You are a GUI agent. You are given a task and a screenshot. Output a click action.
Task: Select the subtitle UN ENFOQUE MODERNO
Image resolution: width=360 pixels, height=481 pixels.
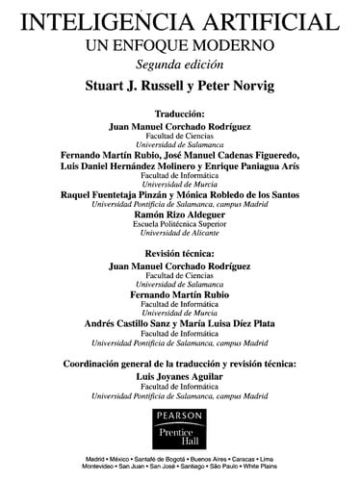click(180, 43)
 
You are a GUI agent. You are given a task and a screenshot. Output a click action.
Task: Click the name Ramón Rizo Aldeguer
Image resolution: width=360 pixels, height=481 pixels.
click(180, 215)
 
